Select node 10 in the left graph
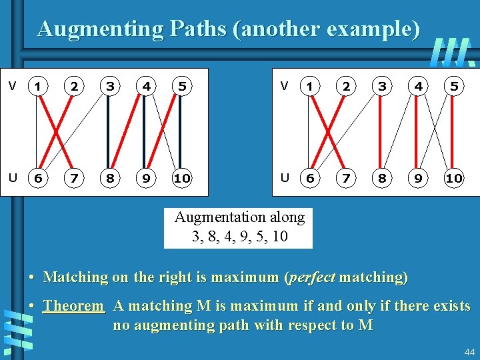(181, 179)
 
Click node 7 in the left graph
(76, 179)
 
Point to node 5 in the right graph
(454, 85)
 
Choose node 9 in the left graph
(145, 179)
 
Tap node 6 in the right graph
(309, 179)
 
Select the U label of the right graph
(285, 178)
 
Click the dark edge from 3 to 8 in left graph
(109, 132)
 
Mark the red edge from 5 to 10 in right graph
(454, 132)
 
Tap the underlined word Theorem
(74, 307)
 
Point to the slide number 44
(469, 351)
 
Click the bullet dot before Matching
(32, 277)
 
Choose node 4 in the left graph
(145, 85)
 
